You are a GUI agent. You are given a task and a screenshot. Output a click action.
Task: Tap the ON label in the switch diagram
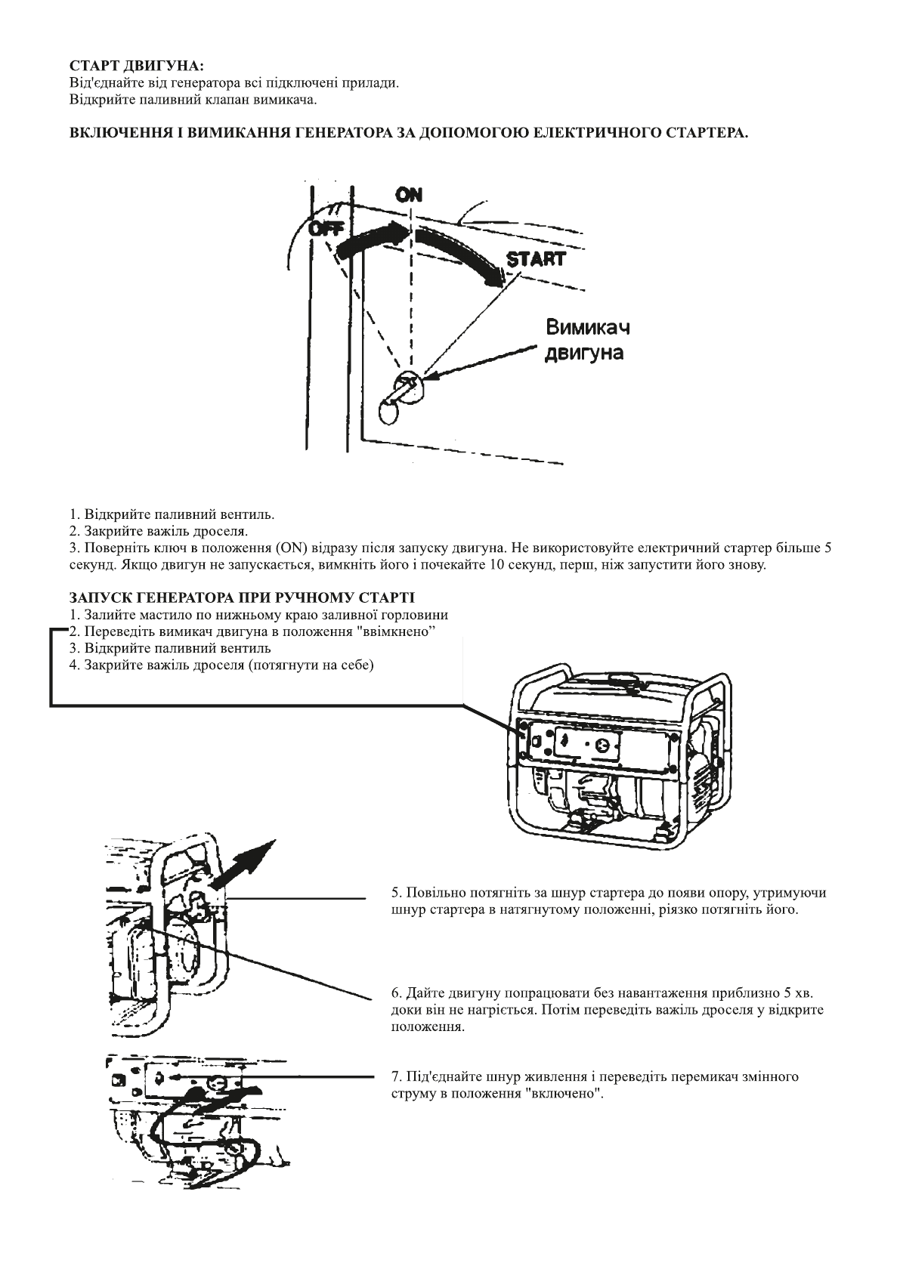tap(409, 195)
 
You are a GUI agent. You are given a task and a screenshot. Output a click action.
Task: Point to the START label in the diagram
tap(536, 259)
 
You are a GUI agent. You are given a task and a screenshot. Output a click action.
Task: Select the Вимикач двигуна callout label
tap(587, 340)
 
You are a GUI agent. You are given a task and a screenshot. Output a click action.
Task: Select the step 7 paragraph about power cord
tap(594, 1085)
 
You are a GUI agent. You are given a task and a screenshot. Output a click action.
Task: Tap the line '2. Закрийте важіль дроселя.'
tap(153, 532)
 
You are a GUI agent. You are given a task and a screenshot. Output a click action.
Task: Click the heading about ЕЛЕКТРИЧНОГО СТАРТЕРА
tap(409, 132)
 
